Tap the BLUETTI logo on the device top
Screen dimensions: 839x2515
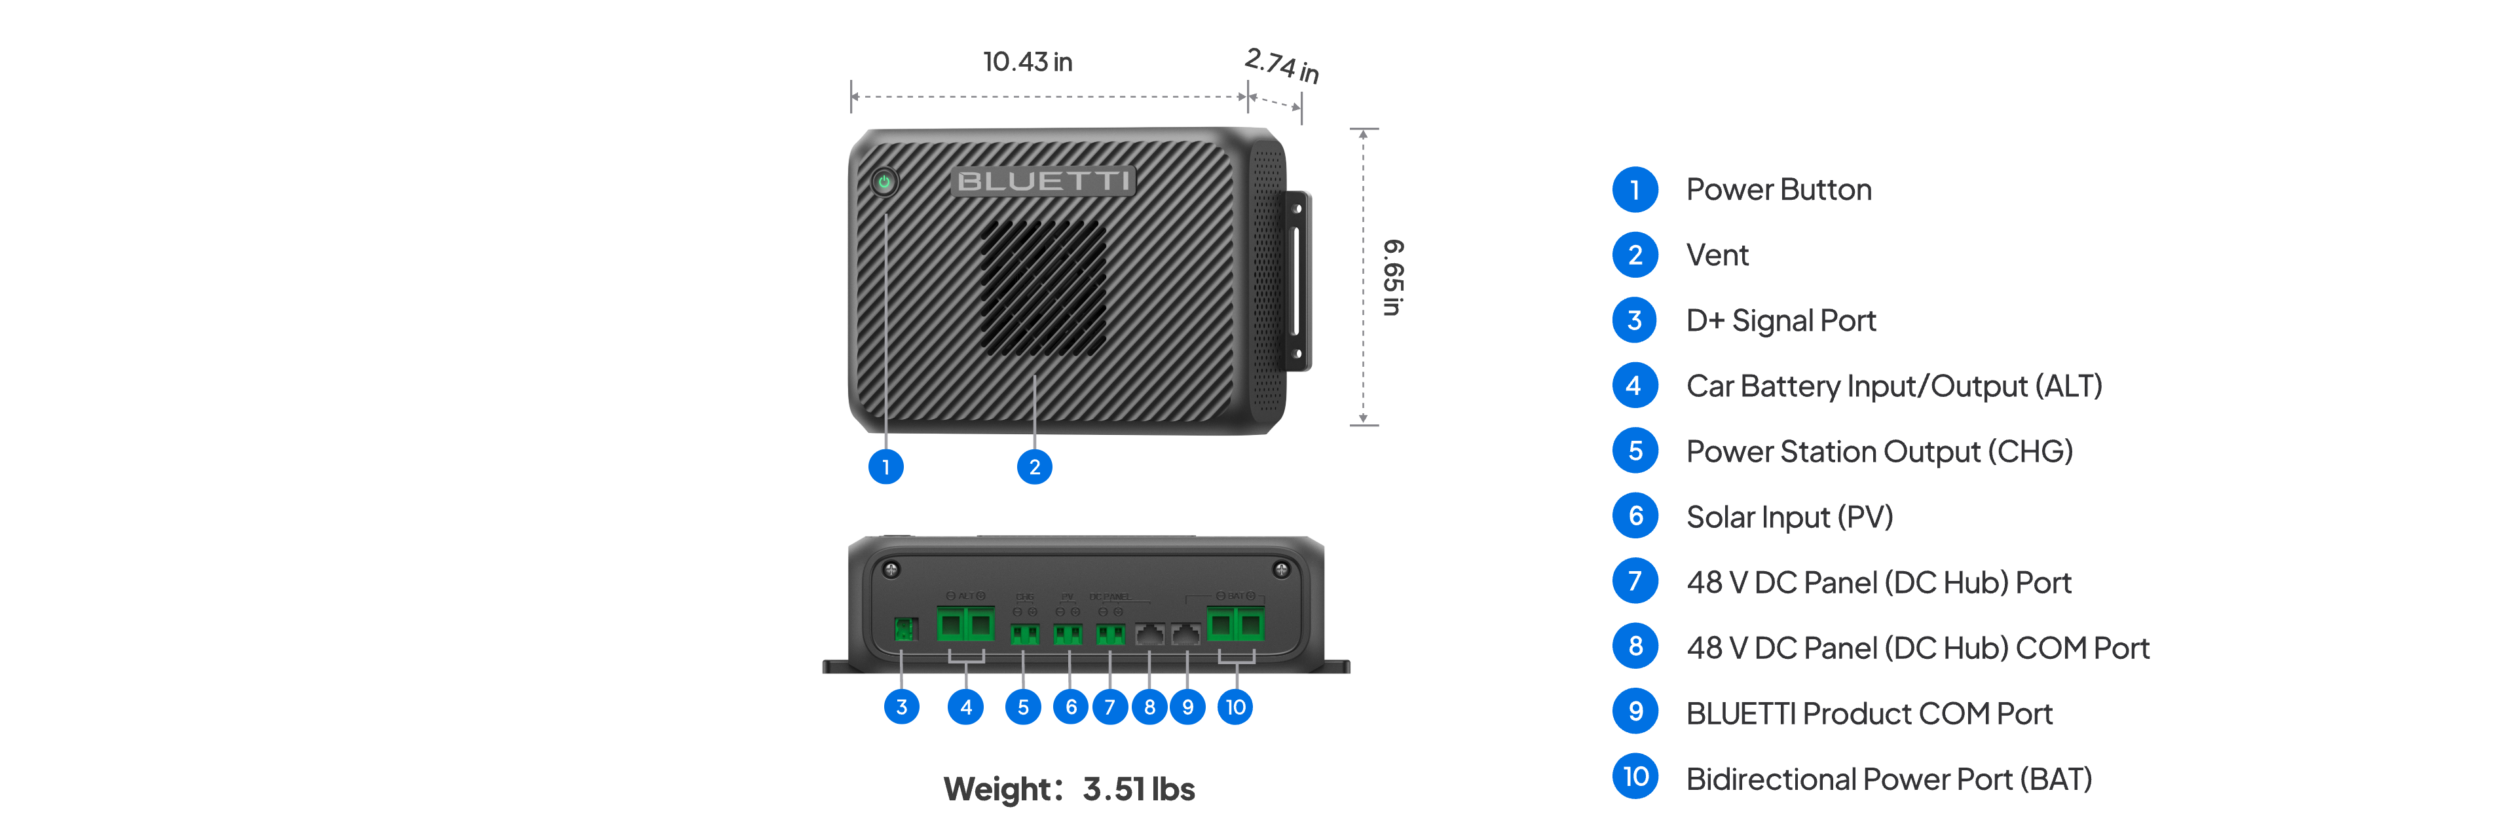[x=1043, y=181]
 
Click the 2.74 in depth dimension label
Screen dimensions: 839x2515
[x=1281, y=65]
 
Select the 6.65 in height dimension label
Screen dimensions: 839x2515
[x=1392, y=278]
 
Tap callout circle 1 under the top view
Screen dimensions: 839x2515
[x=885, y=467]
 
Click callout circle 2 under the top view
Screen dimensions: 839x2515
[x=1034, y=467]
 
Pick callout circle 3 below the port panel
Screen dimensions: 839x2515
[x=901, y=706]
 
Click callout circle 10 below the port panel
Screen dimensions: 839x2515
[x=1235, y=706]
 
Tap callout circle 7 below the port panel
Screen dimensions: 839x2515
[x=1109, y=706]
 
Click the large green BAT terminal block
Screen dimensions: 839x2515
[x=1235, y=623]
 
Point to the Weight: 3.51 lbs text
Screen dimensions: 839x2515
[x=1069, y=788]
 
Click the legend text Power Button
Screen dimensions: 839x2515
[x=1778, y=189]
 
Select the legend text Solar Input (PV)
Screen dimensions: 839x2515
[x=1789, y=517]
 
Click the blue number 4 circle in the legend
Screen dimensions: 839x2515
[x=1634, y=386]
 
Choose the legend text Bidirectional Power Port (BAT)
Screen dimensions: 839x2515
[x=1888, y=779]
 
